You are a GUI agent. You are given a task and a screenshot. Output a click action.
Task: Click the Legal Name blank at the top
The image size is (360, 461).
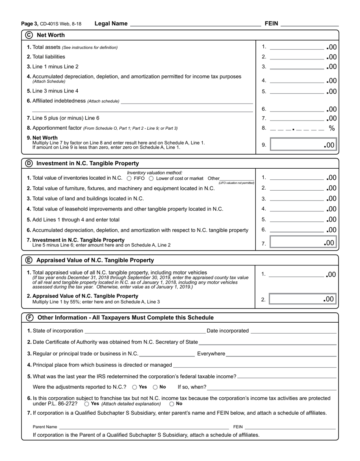coord(195,24)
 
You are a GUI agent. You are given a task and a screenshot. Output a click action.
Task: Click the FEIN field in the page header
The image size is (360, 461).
coord(310,24)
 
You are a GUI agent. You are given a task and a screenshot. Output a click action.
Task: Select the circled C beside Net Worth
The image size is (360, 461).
coord(29,35)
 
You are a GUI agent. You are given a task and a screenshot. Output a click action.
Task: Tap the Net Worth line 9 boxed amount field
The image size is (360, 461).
coord(303,144)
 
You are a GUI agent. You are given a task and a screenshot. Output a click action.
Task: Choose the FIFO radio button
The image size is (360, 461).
coord(129,178)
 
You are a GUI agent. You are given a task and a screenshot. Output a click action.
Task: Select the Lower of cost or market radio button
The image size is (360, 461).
coord(151,178)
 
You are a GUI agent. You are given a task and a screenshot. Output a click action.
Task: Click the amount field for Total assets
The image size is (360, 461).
coord(297,47)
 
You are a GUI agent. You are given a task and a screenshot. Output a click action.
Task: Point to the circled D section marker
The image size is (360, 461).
coord(29,163)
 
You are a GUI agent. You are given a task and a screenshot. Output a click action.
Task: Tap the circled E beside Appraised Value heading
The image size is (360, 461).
coord(29,260)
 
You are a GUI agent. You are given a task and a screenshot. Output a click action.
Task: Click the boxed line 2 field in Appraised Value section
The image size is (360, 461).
coord(303,299)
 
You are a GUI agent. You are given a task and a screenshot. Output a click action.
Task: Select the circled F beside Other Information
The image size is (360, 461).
coord(29,317)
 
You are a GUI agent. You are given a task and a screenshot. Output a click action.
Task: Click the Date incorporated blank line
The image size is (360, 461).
coord(293,331)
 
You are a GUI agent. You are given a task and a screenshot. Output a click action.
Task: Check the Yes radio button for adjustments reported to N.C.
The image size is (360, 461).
coord(135,387)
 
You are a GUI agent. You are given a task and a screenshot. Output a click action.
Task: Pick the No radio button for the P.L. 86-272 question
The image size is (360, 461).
coord(172,404)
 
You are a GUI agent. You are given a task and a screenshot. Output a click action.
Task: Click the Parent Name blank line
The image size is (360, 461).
coord(144,427)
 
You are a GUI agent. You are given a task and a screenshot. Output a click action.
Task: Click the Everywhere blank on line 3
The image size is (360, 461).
coord(281,354)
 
